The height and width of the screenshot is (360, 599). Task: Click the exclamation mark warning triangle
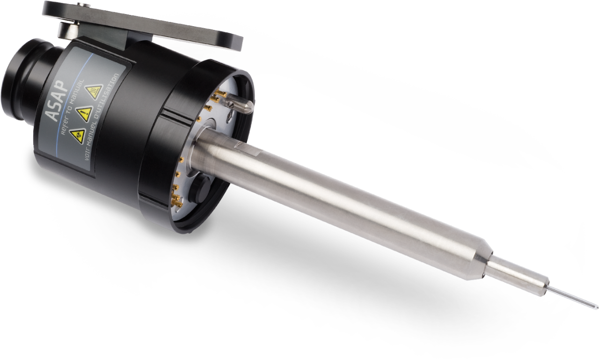[x=84, y=113]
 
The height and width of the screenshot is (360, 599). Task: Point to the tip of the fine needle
[x=595, y=307]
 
